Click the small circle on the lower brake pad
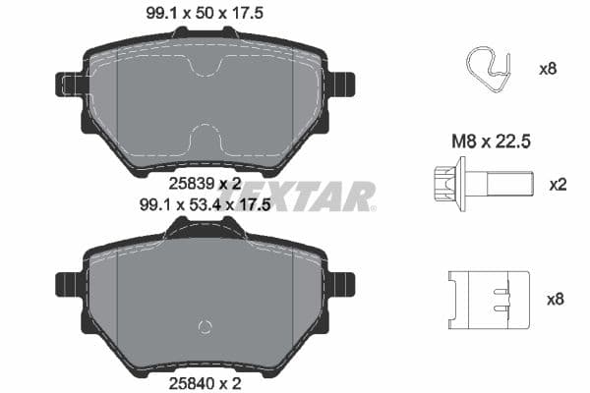click(206, 327)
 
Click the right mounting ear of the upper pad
click(341, 84)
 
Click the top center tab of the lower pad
click(205, 228)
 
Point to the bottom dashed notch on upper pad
click(206, 138)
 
